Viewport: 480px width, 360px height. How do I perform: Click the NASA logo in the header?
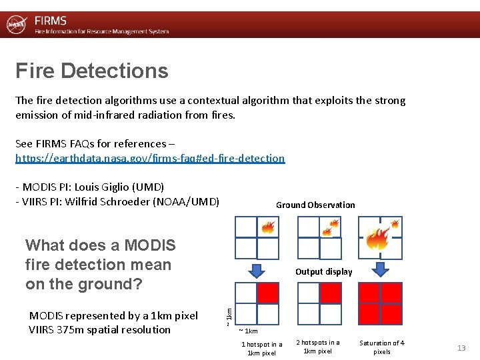click(x=16, y=25)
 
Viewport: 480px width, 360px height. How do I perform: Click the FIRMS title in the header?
click(x=51, y=21)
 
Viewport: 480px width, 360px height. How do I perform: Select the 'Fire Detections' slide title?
click(x=92, y=71)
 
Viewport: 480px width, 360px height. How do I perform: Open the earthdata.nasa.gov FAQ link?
click(x=150, y=158)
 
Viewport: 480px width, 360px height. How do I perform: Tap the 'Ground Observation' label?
click(x=315, y=205)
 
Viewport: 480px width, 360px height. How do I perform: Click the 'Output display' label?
click(x=323, y=271)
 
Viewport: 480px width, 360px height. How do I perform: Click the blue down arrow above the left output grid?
click(x=257, y=270)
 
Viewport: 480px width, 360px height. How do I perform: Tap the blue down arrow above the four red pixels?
click(x=380, y=270)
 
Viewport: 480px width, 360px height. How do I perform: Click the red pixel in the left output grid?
click(x=267, y=293)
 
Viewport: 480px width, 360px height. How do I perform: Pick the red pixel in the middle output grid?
click(x=330, y=293)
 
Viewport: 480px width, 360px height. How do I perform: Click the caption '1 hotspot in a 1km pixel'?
click(x=261, y=348)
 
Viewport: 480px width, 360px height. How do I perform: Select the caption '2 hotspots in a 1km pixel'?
click(x=317, y=347)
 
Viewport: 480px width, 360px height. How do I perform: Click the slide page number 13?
click(x=461, y=348)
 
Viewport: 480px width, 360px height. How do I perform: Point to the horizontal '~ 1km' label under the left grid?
click(x=249, y=331)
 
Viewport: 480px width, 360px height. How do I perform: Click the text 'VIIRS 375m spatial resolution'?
click(x=100, y=329)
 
